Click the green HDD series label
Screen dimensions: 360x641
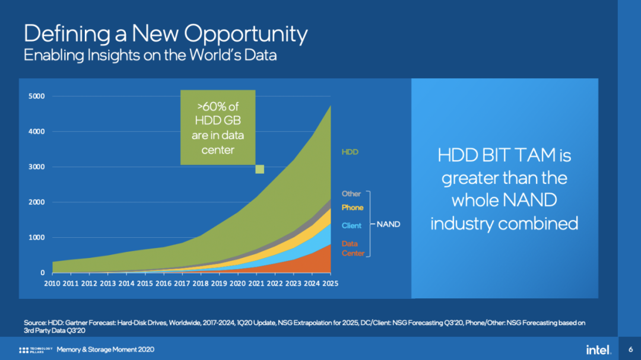[350, 152]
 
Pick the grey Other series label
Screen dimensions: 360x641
[351, 194]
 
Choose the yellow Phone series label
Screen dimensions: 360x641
[352, 208]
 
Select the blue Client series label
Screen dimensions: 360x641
[351, 226]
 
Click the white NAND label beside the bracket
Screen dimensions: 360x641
[389, 224]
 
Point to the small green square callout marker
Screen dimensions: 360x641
[259, 170]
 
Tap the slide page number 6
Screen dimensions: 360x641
[630, 349]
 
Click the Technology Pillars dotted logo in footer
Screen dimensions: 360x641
[24, 349]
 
